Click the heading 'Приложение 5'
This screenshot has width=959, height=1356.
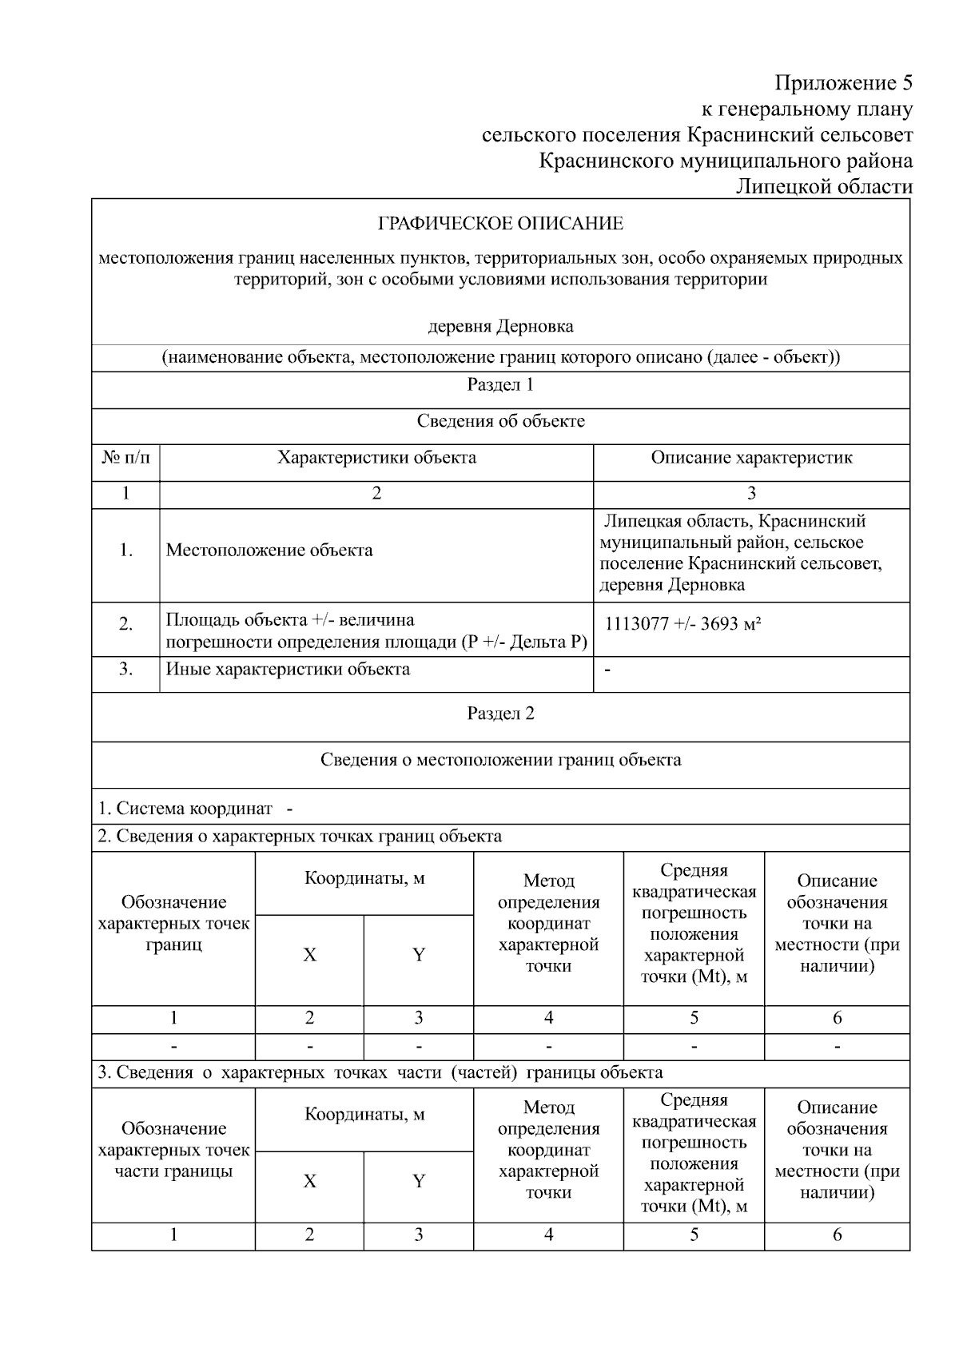point(843,83)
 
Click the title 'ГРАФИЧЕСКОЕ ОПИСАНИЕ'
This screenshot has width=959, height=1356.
point(500,224)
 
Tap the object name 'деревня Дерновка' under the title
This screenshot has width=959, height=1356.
point(500,327)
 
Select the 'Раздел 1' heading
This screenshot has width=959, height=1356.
point(500,385)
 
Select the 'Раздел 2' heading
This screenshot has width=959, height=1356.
point(500,714)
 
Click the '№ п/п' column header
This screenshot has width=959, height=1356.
point(125,458)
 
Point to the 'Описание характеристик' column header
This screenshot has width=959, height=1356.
point(751,458)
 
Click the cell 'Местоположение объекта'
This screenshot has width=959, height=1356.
point(269,551)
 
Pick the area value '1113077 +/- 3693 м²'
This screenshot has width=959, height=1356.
point(682,624)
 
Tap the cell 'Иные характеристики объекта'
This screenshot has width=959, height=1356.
point(288,670)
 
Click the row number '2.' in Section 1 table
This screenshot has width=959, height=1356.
point(125,624)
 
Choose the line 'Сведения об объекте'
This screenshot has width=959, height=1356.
point(500,421)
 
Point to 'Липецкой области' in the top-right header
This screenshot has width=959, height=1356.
point(823,187)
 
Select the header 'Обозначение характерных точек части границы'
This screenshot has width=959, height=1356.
point(173,1151)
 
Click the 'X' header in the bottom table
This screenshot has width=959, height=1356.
point(309,1182)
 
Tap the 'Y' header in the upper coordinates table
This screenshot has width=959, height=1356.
point(418,955)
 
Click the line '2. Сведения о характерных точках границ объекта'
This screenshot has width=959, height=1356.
point(300,837)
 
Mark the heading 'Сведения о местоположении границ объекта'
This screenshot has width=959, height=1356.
point(500,760)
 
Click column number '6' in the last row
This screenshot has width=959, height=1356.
point(837,1235)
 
